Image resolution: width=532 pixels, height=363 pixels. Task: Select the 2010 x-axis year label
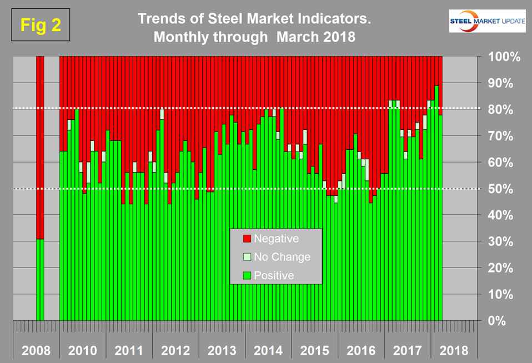[x=83, y=351]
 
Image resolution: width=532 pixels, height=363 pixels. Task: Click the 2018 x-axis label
[x=454, y=351]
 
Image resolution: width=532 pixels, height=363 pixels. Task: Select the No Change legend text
[x=282, y=257]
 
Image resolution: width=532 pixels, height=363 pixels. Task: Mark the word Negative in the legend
[x=276, y=239]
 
